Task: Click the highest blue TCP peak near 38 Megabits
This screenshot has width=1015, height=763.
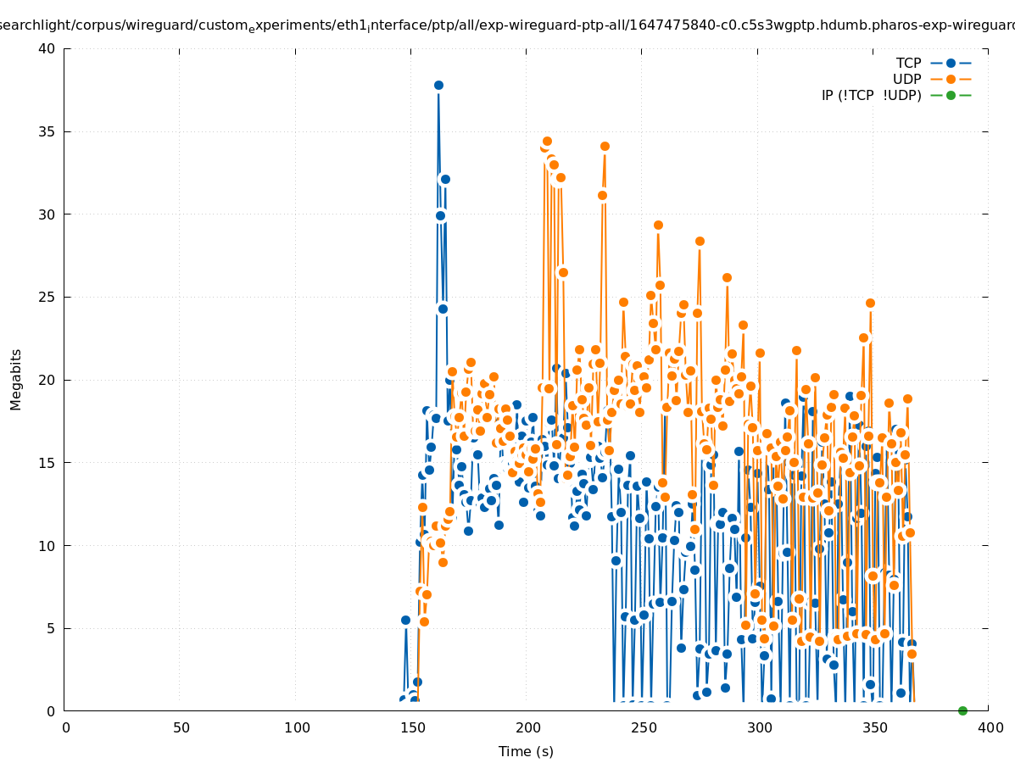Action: pyautogui.click(x=438, y=85)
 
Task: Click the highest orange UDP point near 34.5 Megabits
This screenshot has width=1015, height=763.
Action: pyautogui.click(x=547, y=142)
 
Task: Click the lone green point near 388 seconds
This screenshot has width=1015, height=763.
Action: pyautogui.click(x=962, y=710)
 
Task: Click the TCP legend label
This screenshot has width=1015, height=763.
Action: pyautogui.click(x=908, y=64)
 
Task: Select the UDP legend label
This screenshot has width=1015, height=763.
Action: pyautogui.click(x=906, y=80)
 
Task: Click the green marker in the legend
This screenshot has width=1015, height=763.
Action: pyautogui.click(x=951, y=96)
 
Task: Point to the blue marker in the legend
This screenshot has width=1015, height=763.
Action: pyautogui.click(x=951, y=64)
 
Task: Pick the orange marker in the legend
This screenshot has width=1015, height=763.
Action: pyautogui.click(x=951, y=80)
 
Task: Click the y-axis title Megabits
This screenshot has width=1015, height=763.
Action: pyautogui.click(x=16, y=379)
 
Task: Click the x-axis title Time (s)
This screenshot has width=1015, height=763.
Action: pyautogui.click(x=526, y=752)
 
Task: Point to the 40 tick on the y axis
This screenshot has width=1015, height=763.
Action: pyautogui.click(x=47, y=48)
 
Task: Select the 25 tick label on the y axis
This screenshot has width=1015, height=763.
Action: pyautogui.click(x=47, y=298)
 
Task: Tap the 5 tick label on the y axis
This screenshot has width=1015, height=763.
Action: pyautogui.click(x=50, y=628)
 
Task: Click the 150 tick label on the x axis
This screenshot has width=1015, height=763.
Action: pyautogui.click(x=413, y=727)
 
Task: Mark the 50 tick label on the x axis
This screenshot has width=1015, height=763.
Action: pyautogui.click(x=181, y=727)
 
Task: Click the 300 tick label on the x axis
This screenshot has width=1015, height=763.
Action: pyautogui.click(x=760, y=727)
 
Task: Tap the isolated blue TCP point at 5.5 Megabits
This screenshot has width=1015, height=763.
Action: pyautogui.click(x=405, y=621)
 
